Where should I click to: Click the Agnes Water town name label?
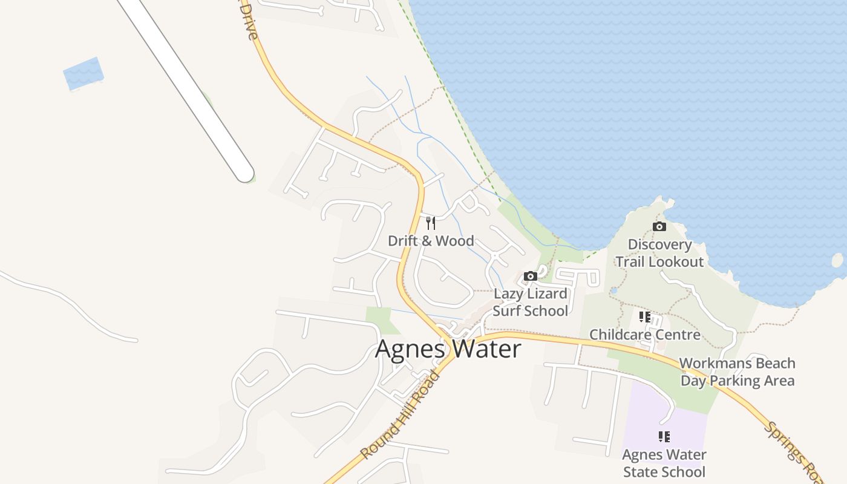click(448, 349)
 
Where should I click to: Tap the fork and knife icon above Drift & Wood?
click(431, 223)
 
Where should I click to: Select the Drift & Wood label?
click(431, 241)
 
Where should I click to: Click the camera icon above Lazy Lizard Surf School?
click(531, 276)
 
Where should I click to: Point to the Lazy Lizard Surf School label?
click(531, 302)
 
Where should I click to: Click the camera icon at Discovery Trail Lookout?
click(659, 227)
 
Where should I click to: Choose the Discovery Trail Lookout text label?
click(659, 253)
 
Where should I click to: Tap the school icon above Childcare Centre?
click(645, 316)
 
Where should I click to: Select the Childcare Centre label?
click(645, 335)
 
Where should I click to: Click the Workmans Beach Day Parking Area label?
click(737, 371)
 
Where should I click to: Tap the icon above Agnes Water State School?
click(664, 437)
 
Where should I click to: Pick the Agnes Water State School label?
click(664, 463)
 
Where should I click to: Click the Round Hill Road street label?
click(401, 416)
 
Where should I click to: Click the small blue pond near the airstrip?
click(83, 73)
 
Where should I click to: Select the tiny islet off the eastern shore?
click(837, 260)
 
